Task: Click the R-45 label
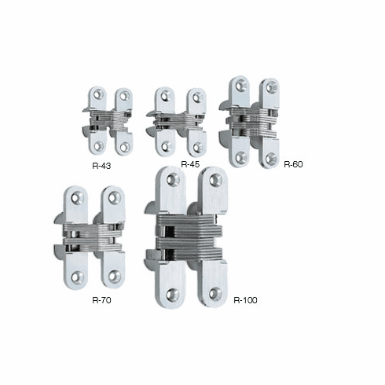pos(191,164)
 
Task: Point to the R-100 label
pos(246,299)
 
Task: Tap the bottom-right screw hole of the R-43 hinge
pos(123,146)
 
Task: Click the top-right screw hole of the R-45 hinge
pos(197,97)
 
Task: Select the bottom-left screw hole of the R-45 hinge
pos(166,146)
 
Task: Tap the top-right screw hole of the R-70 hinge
pos(115,198)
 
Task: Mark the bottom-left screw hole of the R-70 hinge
pos(77,277)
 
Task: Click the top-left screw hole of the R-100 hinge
pos(173,179)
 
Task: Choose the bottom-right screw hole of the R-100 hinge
pos(215,293)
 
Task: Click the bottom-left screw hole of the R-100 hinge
pos(173,294)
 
